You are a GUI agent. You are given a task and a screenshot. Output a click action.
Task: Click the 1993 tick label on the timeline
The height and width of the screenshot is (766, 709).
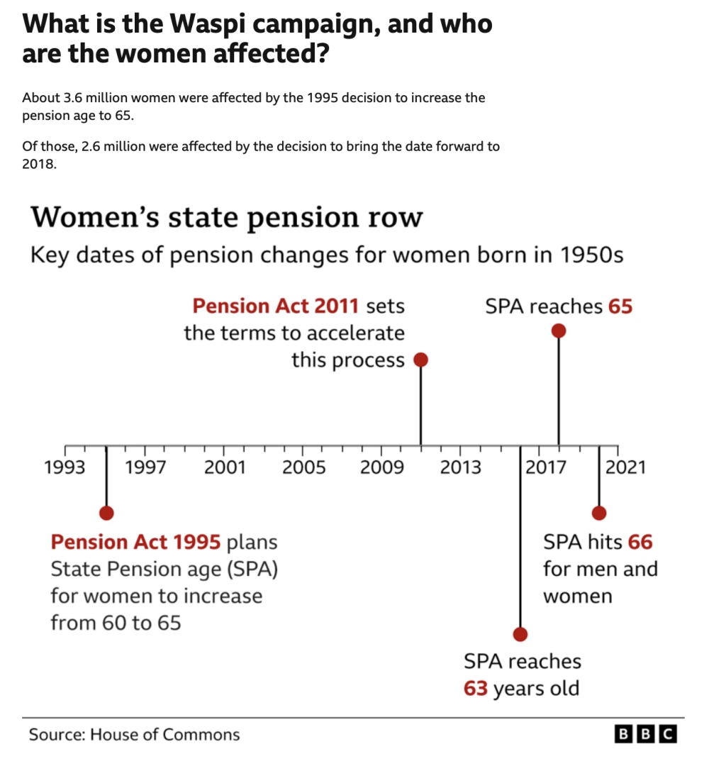65,467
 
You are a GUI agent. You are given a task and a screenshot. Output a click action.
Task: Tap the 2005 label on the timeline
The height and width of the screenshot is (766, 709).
304,467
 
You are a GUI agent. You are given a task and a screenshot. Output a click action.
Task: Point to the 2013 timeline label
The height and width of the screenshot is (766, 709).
461,467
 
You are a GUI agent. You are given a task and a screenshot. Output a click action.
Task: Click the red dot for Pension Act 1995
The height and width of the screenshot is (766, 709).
106,513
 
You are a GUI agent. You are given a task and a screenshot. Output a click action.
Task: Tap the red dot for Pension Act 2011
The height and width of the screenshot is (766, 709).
420,360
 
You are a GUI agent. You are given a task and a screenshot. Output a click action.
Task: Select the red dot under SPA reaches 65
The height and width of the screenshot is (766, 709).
559,331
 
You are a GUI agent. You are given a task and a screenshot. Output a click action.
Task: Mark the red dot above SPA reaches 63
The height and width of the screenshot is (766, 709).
520,633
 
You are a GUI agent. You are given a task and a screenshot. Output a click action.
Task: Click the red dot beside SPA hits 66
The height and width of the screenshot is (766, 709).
599,513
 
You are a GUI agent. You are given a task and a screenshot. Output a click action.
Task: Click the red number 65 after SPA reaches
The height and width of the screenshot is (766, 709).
620,306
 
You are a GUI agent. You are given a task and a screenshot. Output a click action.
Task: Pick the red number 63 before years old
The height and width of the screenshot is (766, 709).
476,689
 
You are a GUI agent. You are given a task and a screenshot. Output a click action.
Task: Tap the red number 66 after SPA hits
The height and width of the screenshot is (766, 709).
640,543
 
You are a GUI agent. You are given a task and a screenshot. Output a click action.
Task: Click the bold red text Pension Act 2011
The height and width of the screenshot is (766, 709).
276,306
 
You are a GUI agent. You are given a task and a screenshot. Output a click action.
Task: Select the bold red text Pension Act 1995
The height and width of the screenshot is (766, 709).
135,543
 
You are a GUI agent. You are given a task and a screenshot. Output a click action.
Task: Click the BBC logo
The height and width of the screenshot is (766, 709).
646,735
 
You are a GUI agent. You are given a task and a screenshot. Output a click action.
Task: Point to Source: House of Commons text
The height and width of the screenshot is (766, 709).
134,735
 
